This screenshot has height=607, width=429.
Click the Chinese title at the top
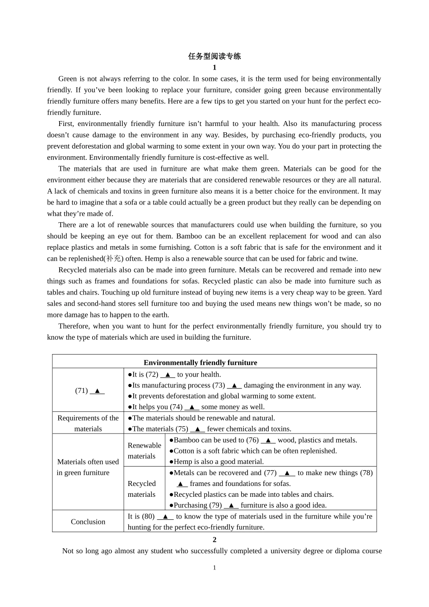pyautogui.click(x=214, y=56)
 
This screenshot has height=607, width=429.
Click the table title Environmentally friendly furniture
pyautogui.click(x=201, y=363)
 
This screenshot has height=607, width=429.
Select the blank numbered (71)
pyautogui.click(x=97, y=391)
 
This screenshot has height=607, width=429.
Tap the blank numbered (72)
pyautogui.click(x=168, y=374)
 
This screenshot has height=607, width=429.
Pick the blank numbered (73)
pyautogui.click(x=234, y=385)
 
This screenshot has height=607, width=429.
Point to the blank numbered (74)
pyautogui.click(x=192, y=407)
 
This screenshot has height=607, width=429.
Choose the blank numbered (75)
pyautogui.click(x=197, y=429)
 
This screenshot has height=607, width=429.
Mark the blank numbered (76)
pyautogui.click(x=268, y=440)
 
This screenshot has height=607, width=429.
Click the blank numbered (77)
pyautogui.click(x=287, y=473)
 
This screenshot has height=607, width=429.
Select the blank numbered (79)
pyautogui.click(x=231, y=505)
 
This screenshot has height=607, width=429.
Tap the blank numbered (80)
pyautogui.click(x=165, y=516)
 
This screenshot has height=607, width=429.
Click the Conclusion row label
pyautogui.click(x=88, y=522)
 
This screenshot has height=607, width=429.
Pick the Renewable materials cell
pyautogui.click(x=144, y=451)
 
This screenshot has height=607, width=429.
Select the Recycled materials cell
pyautogui.click(x=142, y=489)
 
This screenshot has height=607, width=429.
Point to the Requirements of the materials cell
pyautogui.click(x=88, y=424)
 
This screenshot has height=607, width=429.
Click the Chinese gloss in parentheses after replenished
pyautogui.click(x=113, y=259)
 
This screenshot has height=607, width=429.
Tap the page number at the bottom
pyautogui.click(x=214, y=568)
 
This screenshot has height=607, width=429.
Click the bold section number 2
pyautogui.click(x=214, y=540)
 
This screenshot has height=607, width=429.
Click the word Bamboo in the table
pyautogui.click(x=186, y=440)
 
